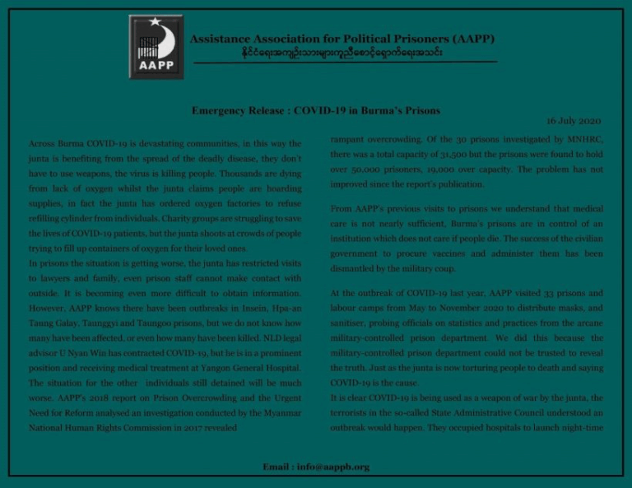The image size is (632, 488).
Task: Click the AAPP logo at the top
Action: [x=157, y=46]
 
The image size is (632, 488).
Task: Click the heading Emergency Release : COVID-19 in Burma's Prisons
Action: [x=315, y=109]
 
